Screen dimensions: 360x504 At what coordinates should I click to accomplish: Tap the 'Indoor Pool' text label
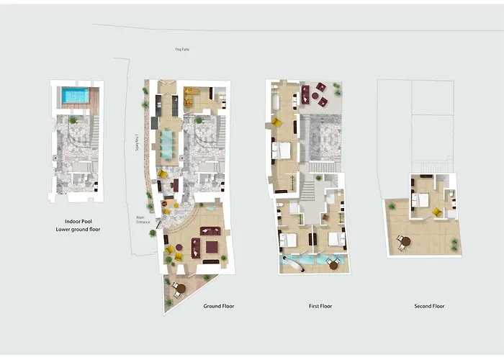[x=77, y=222]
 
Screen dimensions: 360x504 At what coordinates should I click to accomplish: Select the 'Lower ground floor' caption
[x=77, y=229]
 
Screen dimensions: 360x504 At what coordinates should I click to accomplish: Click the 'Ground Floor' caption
[x=218, y=306]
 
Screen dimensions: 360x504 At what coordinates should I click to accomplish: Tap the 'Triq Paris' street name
[x=182, y=49]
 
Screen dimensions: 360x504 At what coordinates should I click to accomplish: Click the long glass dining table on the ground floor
[x=168, y=142]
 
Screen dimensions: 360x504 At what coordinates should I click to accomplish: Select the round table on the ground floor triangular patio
[x=179, y=288]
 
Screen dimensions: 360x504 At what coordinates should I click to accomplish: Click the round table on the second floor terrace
[x=405, y=241]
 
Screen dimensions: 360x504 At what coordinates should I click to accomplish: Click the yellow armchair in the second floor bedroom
[x=436, y=212]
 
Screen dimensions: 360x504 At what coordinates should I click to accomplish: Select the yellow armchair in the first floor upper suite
[x=276, y=123]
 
